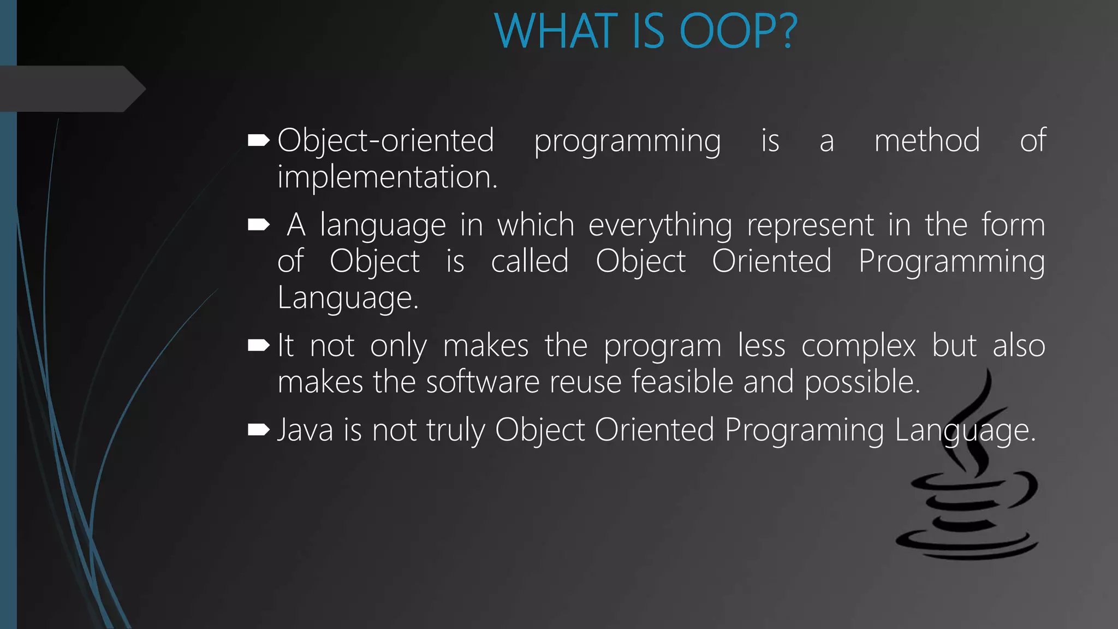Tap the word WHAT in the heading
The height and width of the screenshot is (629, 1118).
(557, 32)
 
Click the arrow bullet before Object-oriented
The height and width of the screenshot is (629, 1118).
(258, 141)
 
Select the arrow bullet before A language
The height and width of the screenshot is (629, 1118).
(258, 225)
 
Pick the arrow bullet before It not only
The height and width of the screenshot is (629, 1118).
(258, 346)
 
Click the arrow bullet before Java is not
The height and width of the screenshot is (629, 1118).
(258, 430)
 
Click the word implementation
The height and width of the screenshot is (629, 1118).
(387, 177)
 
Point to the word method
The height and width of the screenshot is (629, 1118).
(926, 140)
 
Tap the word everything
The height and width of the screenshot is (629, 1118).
(660, 226)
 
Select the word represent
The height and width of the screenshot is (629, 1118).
(810, 226)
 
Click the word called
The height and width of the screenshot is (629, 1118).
(530, 261)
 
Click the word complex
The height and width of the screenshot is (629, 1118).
(858, 346)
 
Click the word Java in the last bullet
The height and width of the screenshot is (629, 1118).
(305, 430)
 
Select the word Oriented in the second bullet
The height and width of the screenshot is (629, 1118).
(771, 261)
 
